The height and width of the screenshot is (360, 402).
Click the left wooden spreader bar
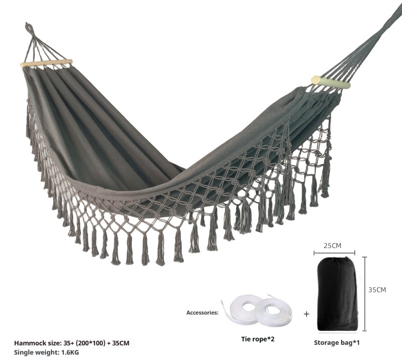click(46, 63)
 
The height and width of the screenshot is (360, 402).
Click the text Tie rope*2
click(257, 339)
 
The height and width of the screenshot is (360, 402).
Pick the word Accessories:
click(203, 312)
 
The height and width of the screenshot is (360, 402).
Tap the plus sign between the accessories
click(307, 314)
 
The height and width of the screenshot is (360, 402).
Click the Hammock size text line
click(72, 343)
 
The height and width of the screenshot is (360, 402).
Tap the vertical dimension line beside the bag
click(365, 294)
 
